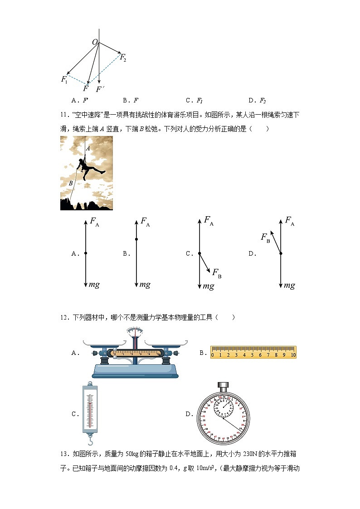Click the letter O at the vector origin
pos(95,42)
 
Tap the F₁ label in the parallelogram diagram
pos(64,79)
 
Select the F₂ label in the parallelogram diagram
pos(123,58)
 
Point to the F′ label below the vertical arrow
pos(100,89)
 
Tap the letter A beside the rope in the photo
pos(88,148)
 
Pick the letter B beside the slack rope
pos(70,184)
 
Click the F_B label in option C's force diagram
pos(217,273)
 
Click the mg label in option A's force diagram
pos(94,285)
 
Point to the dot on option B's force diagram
pos(136,239)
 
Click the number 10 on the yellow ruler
pos(293,354)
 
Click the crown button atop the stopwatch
pos(223,386)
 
